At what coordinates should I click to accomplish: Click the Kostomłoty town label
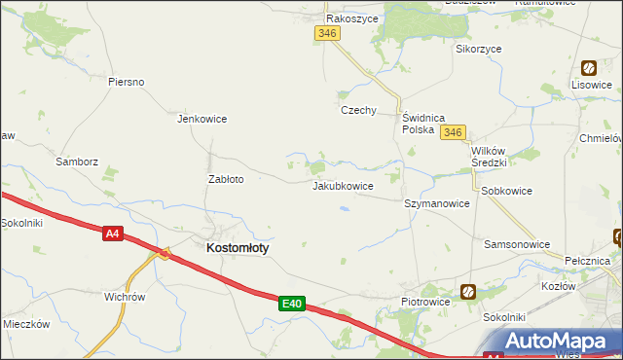[x=238, y=248]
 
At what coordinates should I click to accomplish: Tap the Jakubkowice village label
[x=343, y=185]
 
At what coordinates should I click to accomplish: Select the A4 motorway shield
[x=114, y=233]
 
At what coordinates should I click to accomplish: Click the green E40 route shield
[x=291, y=305]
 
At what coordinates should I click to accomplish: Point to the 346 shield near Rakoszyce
[x=327, y=33]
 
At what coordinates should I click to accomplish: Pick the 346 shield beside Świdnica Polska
[x=452, y=132]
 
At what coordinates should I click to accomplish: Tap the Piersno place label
[x=127, y=82]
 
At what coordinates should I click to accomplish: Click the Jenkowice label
[x=202, y=120]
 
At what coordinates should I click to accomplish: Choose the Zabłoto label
[x=226, y=179]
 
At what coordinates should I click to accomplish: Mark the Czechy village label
[x=358, y=110]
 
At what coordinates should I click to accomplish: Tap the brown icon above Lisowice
[x=589, y=67]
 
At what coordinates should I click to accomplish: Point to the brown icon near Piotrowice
[x=468, y=291]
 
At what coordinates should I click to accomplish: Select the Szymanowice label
[x=437, y=204]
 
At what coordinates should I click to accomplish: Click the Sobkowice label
[x=506, y=191]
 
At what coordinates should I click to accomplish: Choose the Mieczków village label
[x=26, y=324]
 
